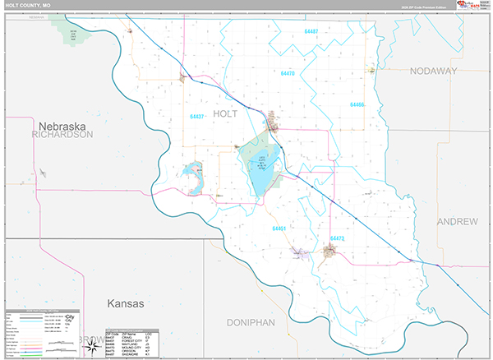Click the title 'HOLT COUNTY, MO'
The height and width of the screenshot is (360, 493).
[28, 6]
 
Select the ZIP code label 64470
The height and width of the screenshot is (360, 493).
[287, 74]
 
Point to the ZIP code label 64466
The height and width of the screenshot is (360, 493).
[356, 105]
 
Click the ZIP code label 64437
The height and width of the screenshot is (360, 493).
[197, 116]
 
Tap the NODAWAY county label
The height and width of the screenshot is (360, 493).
[433, 72]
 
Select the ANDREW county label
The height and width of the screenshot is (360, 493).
[458, 222]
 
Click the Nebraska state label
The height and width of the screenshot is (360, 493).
[62, 125]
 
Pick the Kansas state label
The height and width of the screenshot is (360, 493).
[125, 303]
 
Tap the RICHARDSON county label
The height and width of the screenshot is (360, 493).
[62, 134]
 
